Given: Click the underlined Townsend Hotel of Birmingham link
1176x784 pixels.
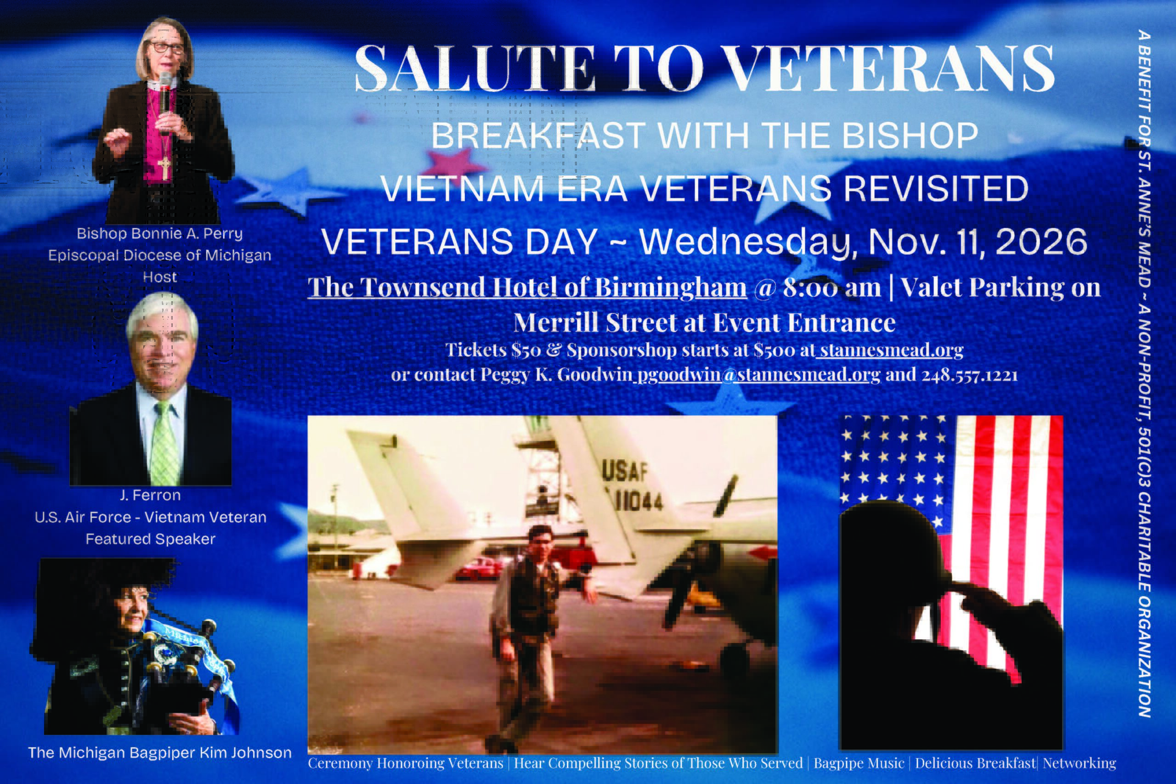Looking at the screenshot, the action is (x=527, y=288).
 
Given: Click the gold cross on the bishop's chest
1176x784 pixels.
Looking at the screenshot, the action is (x=164, y=168).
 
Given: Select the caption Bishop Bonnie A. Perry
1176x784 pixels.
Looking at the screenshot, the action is (x=159, y=234).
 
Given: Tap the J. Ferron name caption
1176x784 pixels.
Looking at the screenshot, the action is (x=150, y=496).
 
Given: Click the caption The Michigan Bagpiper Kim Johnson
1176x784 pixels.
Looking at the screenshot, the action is (x=159, y=752).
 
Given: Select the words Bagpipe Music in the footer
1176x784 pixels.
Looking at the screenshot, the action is (x=859, y=763).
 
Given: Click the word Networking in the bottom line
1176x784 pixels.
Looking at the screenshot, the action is (x=1080, y=763).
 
